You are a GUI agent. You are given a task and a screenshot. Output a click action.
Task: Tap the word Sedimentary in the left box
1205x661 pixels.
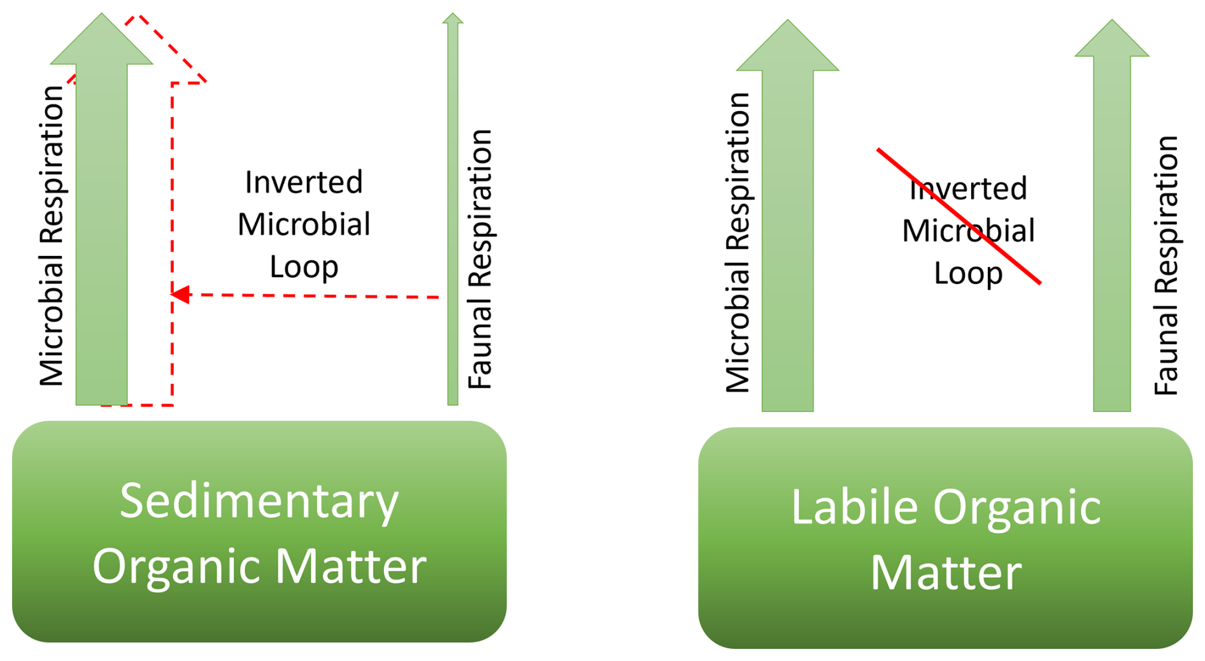tap(259, 501)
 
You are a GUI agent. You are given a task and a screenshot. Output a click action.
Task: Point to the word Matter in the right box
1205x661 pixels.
tap(945, 572)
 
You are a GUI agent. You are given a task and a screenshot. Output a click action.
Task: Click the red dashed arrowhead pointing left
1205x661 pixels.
tap(181, 294)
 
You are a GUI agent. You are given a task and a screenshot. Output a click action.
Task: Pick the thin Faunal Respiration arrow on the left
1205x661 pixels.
tap(453, 210)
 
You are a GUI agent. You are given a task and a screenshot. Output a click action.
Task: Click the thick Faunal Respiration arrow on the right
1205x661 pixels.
tap(1111, 229)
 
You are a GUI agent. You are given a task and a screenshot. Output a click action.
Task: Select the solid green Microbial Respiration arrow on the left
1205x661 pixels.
tap(102, 223)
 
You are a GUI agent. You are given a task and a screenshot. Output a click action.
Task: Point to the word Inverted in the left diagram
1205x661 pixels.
tap(304, 182)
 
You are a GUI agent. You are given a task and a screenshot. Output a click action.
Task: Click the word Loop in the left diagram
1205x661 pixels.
tap(304, 266)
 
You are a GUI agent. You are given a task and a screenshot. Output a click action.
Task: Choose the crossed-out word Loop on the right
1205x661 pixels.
tap(967, 273)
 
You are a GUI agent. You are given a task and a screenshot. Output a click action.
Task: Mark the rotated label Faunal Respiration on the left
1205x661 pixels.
tap(480, 259)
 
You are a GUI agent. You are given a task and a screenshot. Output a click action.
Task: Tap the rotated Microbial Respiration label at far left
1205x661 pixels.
tap(52, 236)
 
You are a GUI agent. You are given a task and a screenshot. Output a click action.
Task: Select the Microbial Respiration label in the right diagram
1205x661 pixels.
tap(738, 242)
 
